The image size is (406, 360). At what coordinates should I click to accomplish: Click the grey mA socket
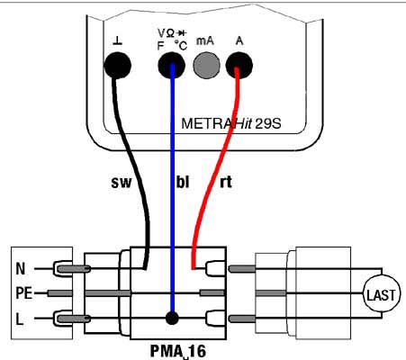click(x=206, y=65)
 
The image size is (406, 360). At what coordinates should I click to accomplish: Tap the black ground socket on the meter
click(x=117, y=66)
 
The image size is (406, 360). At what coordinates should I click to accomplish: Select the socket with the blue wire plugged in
click(x=171, y=66)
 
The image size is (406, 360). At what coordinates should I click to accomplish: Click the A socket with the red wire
click(x=239, y=65)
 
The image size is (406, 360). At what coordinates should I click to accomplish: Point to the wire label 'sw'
click(x=122, y=182)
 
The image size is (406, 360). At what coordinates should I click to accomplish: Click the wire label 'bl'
click(x=183, y=181)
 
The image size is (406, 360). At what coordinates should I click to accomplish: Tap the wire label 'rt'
click(x=226, y=182)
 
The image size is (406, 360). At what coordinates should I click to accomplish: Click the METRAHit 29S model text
click(x=231, y=123)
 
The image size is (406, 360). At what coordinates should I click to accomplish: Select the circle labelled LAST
click(x=382, y=293)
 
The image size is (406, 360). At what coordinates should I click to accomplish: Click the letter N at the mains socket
click(x=20, y=268)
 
